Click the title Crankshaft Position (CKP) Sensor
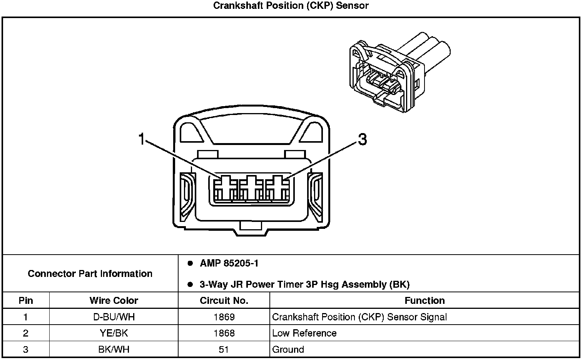click(291, 5)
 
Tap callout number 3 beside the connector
click(362, 139)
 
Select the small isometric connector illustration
click(400, 72)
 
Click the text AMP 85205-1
click(229, 263)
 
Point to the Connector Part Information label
click(90, 273)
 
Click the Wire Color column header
click(114, 300)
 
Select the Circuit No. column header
click(224, 300)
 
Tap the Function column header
click(425, 300)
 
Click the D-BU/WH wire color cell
click(114, 317)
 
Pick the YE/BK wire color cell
click(114, 333)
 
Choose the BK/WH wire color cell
click(114, 349)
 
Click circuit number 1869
click(224, 317)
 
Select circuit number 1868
click(224, 333)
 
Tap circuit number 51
click(224, 349)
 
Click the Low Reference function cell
click(304, 333)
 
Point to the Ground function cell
click(288, 349)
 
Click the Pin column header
click(26, 300)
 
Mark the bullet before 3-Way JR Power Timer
click(190, 284)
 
